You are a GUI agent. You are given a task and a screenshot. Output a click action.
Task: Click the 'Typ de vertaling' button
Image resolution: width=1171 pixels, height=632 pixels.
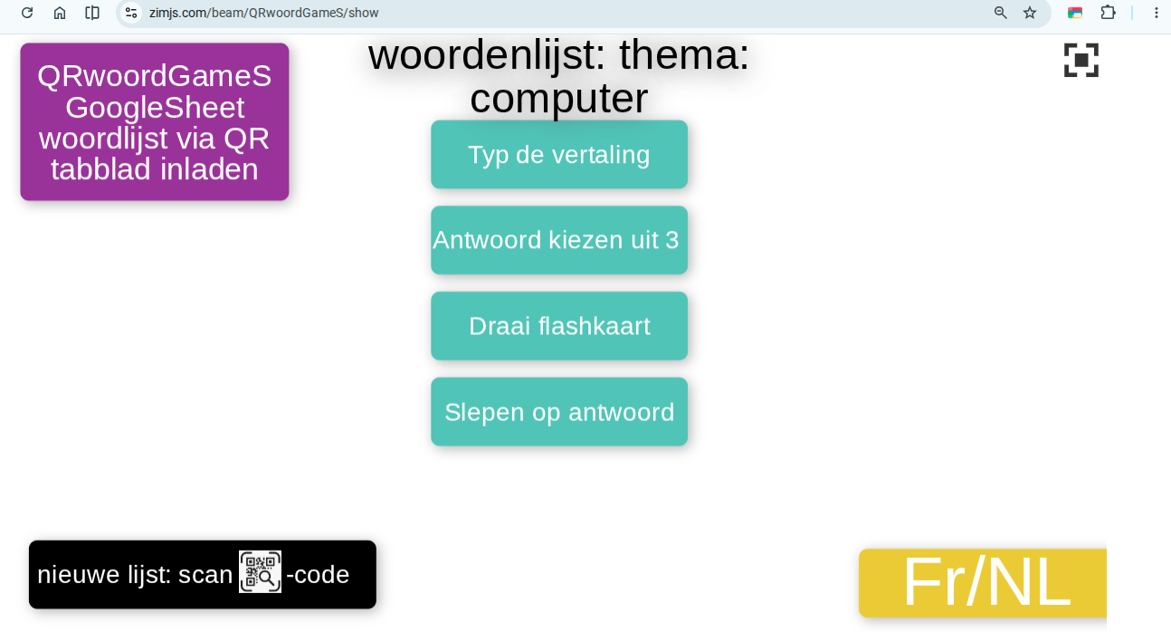point(559,154)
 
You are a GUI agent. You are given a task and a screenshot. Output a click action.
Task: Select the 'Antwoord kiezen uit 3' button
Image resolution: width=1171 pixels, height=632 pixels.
point(559,240)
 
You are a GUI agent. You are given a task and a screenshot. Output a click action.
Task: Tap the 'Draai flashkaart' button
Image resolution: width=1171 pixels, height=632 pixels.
point(559,326)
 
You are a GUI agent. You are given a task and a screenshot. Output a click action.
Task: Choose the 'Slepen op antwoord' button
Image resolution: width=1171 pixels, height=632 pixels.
point(559,412)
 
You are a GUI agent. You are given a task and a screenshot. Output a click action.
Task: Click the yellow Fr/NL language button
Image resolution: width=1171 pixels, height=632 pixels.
point(983,583)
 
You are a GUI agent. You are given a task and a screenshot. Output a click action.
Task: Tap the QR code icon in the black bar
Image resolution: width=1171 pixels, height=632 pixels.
point(260,571)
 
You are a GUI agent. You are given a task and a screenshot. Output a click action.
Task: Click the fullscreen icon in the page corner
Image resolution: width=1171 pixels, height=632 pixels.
point(1081,60)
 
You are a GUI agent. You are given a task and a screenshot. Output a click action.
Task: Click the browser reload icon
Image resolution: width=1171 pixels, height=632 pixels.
point(27,13)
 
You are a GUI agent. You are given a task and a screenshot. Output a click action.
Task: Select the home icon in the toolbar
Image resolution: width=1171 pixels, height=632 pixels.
point(60,13)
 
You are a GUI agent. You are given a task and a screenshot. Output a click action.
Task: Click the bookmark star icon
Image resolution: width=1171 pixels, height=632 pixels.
point(1030,13)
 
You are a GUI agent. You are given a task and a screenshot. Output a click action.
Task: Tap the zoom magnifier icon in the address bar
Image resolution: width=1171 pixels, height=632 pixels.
point(1000,13)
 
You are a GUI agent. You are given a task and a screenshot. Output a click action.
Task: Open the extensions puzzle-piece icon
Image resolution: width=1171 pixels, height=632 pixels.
point(1108,13)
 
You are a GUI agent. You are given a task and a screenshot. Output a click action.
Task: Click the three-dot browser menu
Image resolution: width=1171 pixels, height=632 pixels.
point(1157,13)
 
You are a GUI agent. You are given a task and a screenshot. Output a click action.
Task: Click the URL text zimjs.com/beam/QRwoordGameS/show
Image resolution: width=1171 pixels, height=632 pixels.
point(263,13)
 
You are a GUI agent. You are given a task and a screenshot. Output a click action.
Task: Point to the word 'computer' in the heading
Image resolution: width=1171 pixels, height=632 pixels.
point(559,99)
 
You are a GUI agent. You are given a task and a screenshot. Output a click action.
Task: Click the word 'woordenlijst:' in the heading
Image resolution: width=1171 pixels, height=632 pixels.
point(487,55)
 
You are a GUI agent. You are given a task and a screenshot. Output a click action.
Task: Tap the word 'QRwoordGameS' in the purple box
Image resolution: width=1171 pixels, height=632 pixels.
point(155,76)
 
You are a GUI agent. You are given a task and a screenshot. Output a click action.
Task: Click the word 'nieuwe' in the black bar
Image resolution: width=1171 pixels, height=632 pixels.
point(79,574)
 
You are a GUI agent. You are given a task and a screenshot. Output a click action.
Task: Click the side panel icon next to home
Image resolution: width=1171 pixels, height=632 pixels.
point(92,13)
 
